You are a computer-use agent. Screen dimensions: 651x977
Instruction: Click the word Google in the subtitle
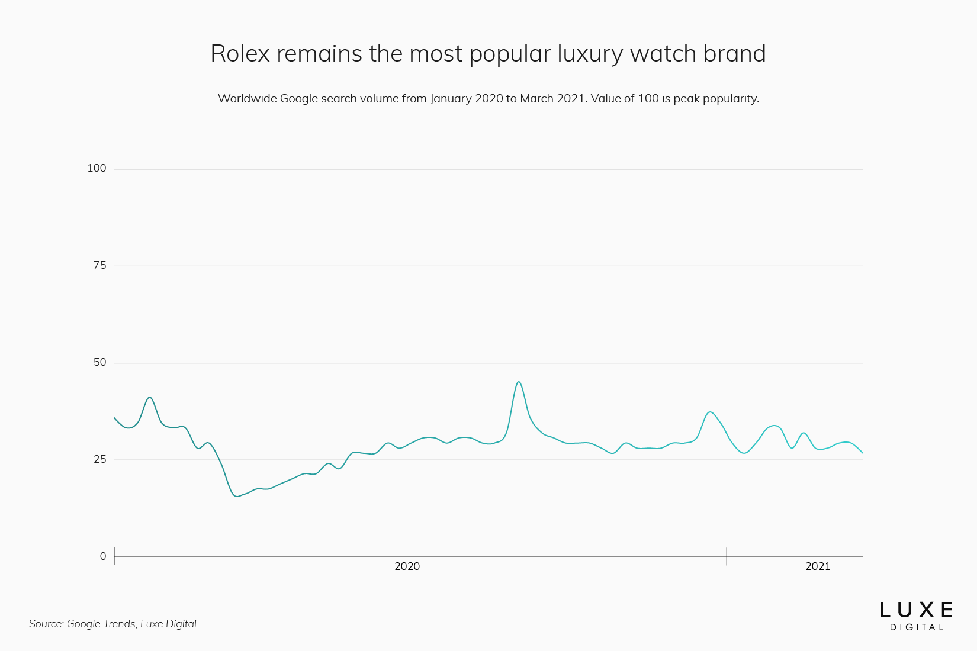pos(299,99)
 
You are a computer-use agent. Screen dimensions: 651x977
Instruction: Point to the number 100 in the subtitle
pos(648,99)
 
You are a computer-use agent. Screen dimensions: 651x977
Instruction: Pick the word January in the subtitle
pos(451,99)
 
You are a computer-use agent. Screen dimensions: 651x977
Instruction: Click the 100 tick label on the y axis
pos(97,168)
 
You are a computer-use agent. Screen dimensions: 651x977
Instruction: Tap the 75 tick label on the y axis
pos(99,265)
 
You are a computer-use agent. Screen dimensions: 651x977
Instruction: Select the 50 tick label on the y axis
pos(99,362)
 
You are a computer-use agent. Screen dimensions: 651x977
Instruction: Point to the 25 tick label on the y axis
pos(99,459)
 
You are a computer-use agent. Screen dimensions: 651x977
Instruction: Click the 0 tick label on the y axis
pos(103,556)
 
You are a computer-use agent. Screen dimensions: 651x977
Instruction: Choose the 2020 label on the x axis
pos(407,566)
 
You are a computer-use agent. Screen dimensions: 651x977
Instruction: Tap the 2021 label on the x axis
pos(818,566)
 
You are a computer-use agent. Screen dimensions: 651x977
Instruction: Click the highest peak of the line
pos(519,382)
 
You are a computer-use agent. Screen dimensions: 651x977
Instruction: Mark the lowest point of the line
pos(237,496)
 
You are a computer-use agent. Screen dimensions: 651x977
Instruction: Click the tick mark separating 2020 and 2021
pos(727,556)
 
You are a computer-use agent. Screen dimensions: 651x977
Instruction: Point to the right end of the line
pos(863,453)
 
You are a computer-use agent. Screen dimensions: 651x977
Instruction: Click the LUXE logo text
pos(916,610)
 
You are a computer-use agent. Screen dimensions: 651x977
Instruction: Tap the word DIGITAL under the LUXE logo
pos(916,627)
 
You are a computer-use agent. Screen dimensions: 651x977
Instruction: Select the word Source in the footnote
pos(46,624)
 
